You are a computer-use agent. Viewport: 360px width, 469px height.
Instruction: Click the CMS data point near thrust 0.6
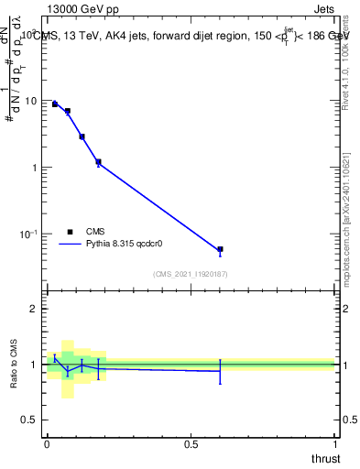tap(220, 249)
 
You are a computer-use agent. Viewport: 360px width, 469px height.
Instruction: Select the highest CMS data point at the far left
tap(55, 104)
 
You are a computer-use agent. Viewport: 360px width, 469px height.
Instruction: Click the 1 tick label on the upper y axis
tap(36, 168)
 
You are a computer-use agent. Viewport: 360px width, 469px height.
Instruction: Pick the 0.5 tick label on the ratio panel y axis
tap(31, 420)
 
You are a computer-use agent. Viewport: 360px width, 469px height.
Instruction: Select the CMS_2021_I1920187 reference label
tap(190, 274)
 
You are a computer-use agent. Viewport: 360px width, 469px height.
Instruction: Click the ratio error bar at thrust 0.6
tap(220, 371)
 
